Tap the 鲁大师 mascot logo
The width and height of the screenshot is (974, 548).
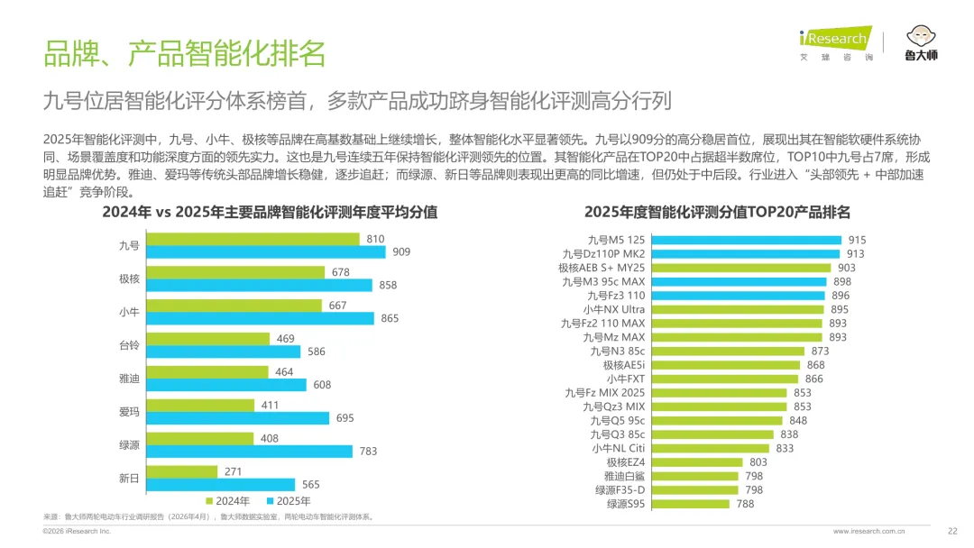pyautogui.click(x=921, y=43)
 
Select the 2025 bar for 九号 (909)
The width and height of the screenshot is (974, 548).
pyautogui.click(x=266, y=252)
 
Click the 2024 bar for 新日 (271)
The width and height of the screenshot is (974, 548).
pyautogui.click(x=182, y=471)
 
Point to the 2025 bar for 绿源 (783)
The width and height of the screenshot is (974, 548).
pyautogui.click(x=249, y=452)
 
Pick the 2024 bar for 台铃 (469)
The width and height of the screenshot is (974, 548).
pyautogui.click(x=208, y=339)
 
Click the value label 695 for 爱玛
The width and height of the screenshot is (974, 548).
pyautogui.click(x=345, y=418)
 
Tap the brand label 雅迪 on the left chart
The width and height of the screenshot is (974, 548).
pyautogui.click(x=129, y=379)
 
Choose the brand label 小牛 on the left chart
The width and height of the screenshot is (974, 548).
pyautogui.click(x=129, y=312)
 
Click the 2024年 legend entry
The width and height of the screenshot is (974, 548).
pyautogui.click(x=228, y=501)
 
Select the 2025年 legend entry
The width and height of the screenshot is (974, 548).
pyautogui.click(x=289, y=501)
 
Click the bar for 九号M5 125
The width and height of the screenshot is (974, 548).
pyautogui.click(x=747, y=240)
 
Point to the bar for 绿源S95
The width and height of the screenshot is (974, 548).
pyautogui.click(x=691, y=504)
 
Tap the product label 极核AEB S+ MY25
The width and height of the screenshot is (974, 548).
pyautogui.click(x=602, y=268)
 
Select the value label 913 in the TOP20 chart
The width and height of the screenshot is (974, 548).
pyautogui.click(x=855, y=254)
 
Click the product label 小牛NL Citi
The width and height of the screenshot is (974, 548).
pyautogui.click(x=618, y=448)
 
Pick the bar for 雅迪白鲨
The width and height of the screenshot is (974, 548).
pyautogui.click(x=695, y=476)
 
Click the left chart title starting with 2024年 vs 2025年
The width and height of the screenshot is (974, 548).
pyautogui.click(x=270, y=212)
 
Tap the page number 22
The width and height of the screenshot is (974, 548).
pyautogui.click(x=952, y=531)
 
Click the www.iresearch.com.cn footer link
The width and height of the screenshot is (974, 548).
pyautogui.click(x=868, y=531)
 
